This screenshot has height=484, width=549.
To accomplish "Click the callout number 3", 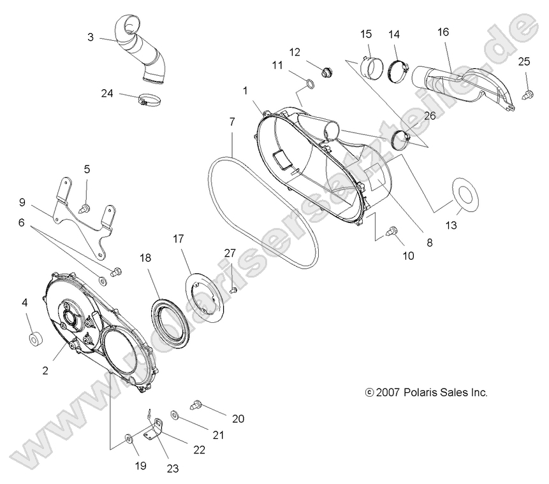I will click(x=91, y=38).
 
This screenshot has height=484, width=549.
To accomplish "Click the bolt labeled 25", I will click(x=527, y=94).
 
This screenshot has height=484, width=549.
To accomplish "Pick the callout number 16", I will click(x=443, y=31).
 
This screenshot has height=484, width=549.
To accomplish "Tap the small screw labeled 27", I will click(x=233, y=290).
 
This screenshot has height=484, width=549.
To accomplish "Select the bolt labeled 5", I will click(x=83, y=208).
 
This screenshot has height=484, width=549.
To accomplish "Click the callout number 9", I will click(x=22, y=203).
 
